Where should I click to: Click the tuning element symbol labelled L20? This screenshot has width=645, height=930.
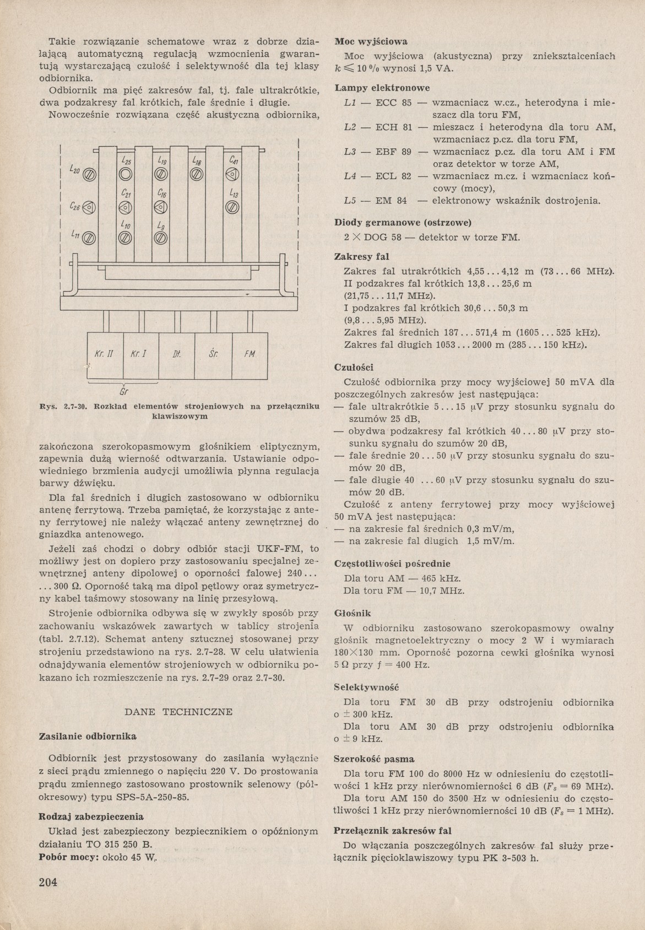[90, 176]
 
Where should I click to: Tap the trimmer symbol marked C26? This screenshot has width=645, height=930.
[90, 208]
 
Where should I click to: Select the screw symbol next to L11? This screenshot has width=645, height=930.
[90, 238]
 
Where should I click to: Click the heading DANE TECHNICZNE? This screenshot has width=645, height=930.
[180, 712]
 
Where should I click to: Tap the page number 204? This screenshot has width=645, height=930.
[48, 880]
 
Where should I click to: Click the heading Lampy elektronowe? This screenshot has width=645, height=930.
[382, 88]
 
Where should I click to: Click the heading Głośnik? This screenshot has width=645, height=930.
[353, 613]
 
